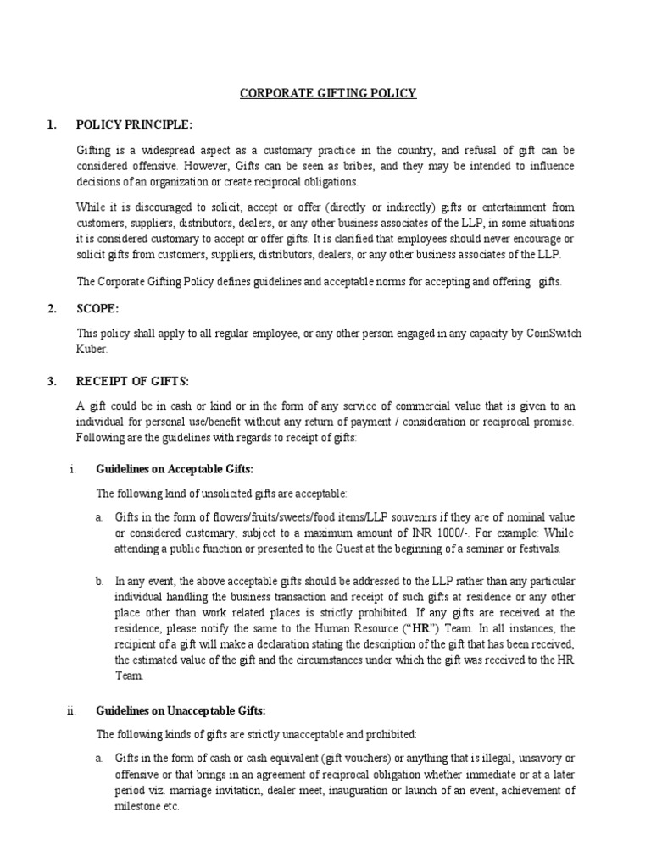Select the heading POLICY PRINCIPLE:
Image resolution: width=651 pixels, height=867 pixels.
pos(135,125)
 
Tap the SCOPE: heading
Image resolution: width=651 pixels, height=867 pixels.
pos(97,309)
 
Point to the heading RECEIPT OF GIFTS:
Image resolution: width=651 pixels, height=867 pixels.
pos(128,381)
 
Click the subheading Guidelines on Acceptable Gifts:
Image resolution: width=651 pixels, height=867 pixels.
pos(175,468)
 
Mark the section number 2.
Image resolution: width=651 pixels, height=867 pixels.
pos(52,309)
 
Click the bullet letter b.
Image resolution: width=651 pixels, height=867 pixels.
pos(100,581)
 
